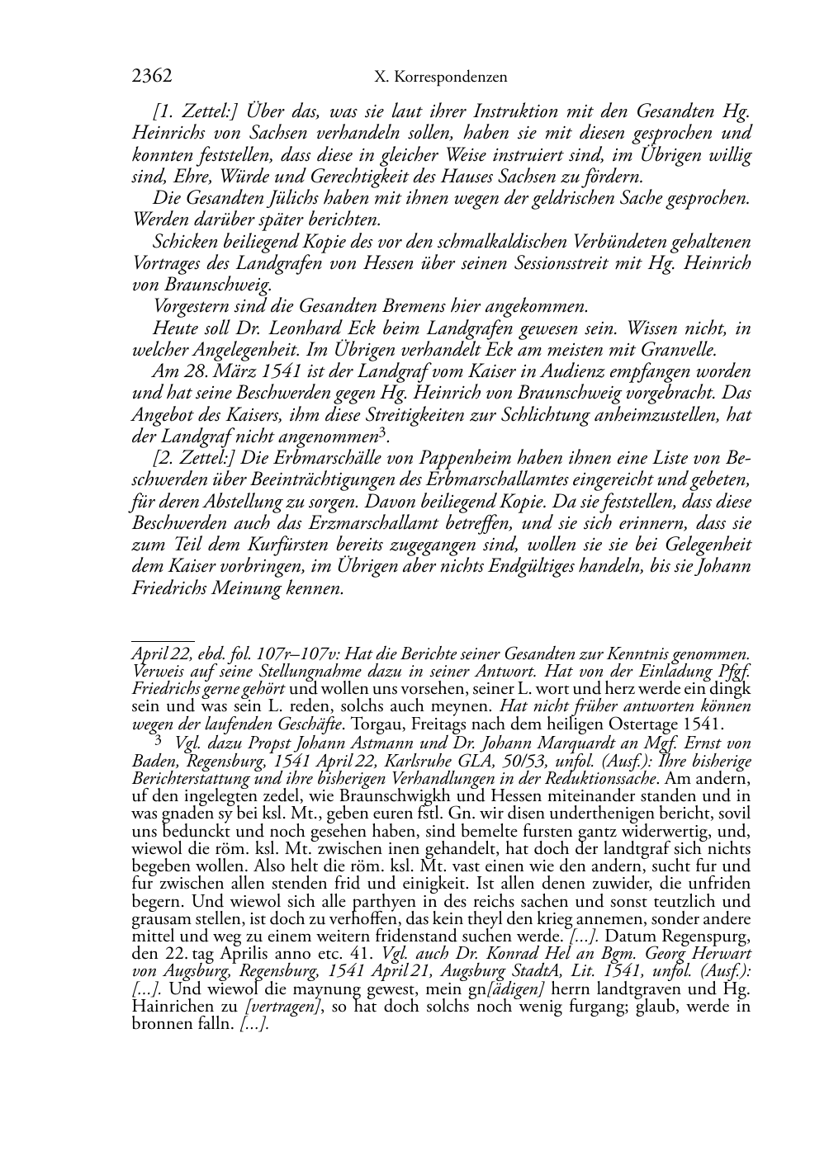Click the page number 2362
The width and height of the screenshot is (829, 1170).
[151, 77]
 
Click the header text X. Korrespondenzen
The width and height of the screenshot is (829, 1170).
[440, 78]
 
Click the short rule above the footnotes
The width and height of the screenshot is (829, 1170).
[163, 639]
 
